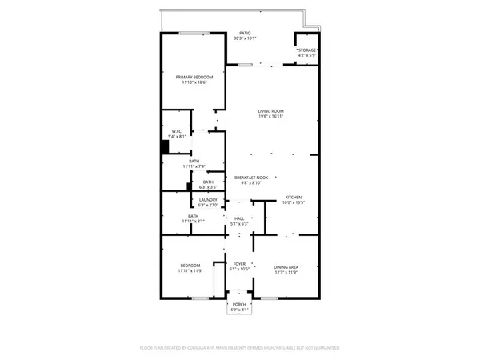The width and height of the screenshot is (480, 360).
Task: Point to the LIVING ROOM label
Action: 272,111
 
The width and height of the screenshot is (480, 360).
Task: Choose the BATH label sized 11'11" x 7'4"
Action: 194,161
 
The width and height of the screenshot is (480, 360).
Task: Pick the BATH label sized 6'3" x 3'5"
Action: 208,182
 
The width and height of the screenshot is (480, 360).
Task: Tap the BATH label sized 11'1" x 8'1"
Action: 194,215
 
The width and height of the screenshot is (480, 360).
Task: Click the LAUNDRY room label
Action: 198,200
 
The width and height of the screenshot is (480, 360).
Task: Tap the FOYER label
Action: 238,264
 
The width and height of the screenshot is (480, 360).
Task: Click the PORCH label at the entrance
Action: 238,305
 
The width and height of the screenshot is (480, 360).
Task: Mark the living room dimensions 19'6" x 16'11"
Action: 272,117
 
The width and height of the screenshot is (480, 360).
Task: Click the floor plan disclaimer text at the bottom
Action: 240,348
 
